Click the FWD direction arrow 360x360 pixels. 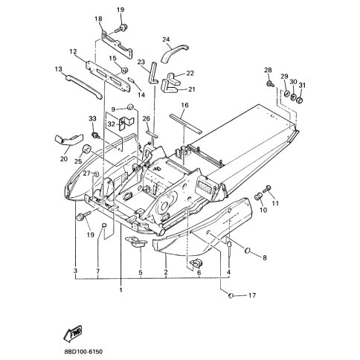click(x=73, y=332)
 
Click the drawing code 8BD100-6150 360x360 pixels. click(x=83, y=352)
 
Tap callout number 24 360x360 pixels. click(x=166, y=39)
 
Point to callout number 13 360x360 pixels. click(x=59, y=69)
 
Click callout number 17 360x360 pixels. click(x=252, y=295)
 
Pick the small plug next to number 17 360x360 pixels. click(x=231, y=295)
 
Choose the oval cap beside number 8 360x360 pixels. click(x=248, y=251)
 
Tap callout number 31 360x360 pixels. click(x=302, y=85)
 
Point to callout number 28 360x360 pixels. click(x=268, y=70)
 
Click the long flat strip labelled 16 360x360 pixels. click(x=185, y=123)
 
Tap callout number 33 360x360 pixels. click(x=92, y=118)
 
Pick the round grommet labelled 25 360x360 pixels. click(x=86, y=150)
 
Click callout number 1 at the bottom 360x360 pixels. click(x=121, y=289)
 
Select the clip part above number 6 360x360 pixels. click(x=196, y=263)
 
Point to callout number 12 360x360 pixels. click(x=73, y=52)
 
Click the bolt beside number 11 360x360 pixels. click(x=266, y=188)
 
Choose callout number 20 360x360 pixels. click(x=64, y=159)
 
